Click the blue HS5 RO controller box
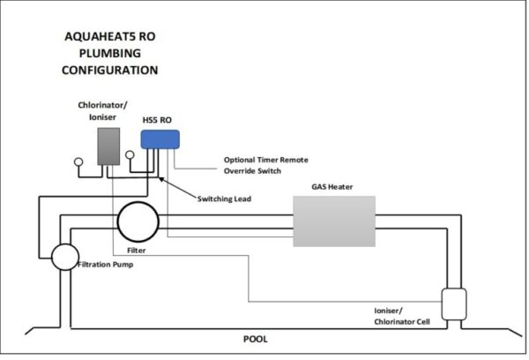[x=160, y=139]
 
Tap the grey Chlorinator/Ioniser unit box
[x=108, y=146]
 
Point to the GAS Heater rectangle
[x=334, y=221]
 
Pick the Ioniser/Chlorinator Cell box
[x=454, y=304]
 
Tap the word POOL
[x=256, y=339]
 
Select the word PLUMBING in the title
[x=110, y=53]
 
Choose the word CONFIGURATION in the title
[x=110, y=71]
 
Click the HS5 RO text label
[x=157, y=120]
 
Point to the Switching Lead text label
[x=224, y=199]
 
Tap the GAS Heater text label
[x=332, y=187]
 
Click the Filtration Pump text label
[x=106, y=265]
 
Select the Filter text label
[x=137, y=251]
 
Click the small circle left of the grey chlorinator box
[x=78, y=161]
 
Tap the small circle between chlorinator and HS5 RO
[x=130, y=154]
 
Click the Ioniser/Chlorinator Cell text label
[x=402, y=316]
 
